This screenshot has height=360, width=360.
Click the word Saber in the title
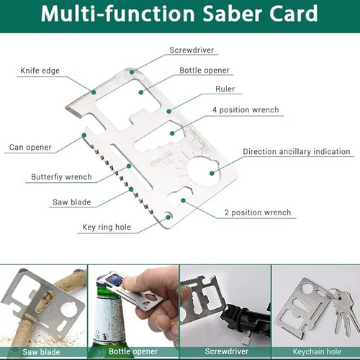233,14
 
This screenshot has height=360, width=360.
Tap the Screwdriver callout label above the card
192,50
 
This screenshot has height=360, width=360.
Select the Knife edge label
40,71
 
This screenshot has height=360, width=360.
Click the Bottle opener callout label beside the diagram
204,71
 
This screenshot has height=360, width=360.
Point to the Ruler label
225,89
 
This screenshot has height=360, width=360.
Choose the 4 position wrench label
246,110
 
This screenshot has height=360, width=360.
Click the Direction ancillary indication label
297,152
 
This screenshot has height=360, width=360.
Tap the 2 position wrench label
258,212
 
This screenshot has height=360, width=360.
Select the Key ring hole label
107,228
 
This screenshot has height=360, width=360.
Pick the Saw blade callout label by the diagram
72,202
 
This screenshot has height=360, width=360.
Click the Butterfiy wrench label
61,177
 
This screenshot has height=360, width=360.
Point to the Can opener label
30,148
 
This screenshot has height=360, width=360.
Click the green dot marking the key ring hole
168,217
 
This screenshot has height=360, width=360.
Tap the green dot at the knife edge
94,92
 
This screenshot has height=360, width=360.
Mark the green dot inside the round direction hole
212,173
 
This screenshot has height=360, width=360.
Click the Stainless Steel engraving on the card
161,159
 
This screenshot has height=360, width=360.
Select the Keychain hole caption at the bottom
317,352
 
